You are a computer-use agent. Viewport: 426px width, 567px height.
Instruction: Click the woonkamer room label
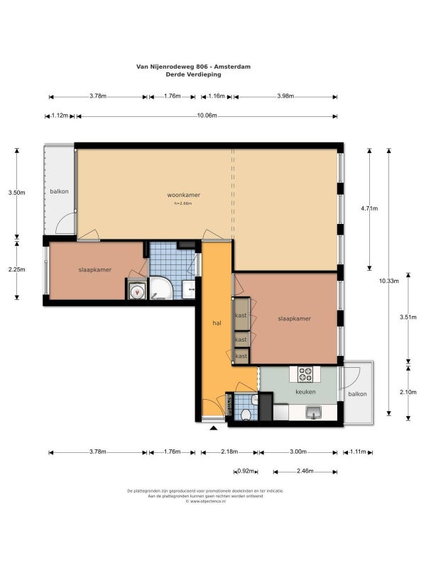pyautogui.click(x=183, y=194)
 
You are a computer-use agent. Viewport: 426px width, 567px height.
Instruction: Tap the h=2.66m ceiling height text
pyautogui.click(x=183, y=203)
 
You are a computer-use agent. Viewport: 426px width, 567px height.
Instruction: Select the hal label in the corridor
pyautogui.click(x=217, y=322)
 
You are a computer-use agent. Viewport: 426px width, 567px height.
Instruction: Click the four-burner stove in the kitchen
pyautogui.click(x=305, y=374)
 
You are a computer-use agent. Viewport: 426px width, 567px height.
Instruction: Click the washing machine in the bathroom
pyautogui.click(x=136, y=290)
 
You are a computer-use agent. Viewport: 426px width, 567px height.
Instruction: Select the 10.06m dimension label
pyautogui.click(x=207, y=116)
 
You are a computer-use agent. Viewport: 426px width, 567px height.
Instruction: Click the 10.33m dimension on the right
pyautogui.click(x=388, y=281)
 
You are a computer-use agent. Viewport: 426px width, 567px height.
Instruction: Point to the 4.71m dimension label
pyautogui.click(x=369, y=208)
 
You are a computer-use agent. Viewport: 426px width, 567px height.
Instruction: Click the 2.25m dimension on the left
pyautogui.click(x=17, y=269)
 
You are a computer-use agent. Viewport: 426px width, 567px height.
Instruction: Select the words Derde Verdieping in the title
pyautogui.click(x=193, y=74)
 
